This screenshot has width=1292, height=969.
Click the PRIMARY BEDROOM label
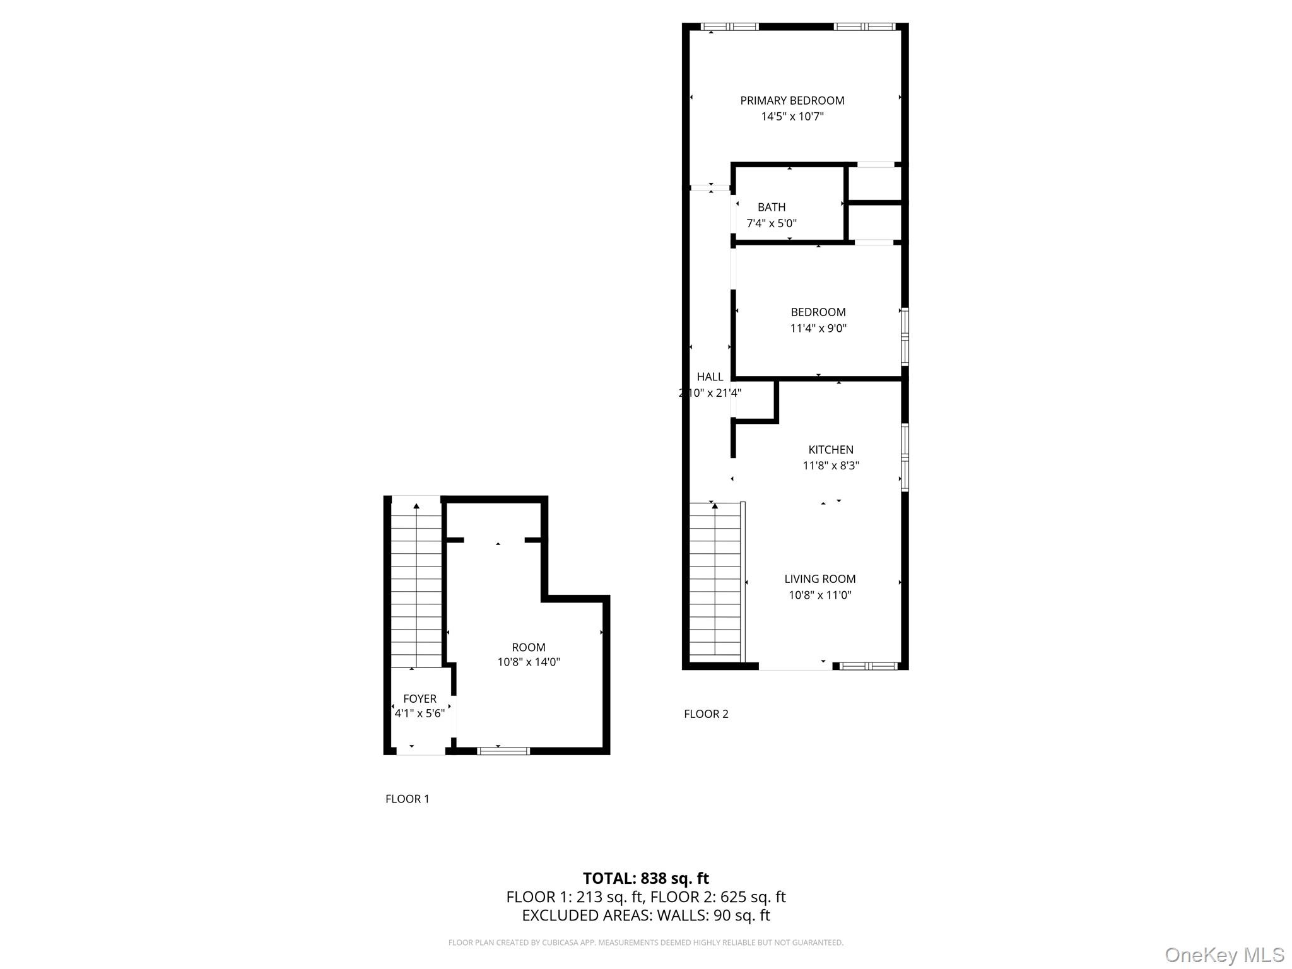(x=792, y=100)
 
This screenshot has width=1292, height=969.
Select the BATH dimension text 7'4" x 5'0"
(x=771, y=223)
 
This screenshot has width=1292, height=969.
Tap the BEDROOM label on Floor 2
(x=818, y=312)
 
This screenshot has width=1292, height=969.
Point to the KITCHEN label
(x=830, y=450)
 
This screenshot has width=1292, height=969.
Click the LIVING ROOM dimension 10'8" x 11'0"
(x=819, y=595)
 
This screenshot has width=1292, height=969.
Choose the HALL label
(x=710, y=377)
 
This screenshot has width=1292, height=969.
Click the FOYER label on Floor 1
(x=420, y=698)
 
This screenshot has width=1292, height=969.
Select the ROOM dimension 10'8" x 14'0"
(x=528, y=662)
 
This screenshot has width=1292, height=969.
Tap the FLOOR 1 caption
(x=407, y=799)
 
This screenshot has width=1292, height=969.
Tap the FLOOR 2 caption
(x=706, y=714)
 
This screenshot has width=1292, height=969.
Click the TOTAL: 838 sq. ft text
(x=645, y=878)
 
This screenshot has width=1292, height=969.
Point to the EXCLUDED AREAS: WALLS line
(x=645, y=915)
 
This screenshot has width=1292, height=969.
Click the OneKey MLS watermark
(x=1224, y=955)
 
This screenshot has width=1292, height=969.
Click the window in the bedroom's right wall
(x=905, y=336)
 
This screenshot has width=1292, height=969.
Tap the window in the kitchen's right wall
(x=905, y=457)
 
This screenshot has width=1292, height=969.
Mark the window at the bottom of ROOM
(x=503, y=751)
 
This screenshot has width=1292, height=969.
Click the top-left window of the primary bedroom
(x=730, y=26)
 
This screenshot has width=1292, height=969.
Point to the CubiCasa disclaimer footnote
(x=645, y=943)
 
